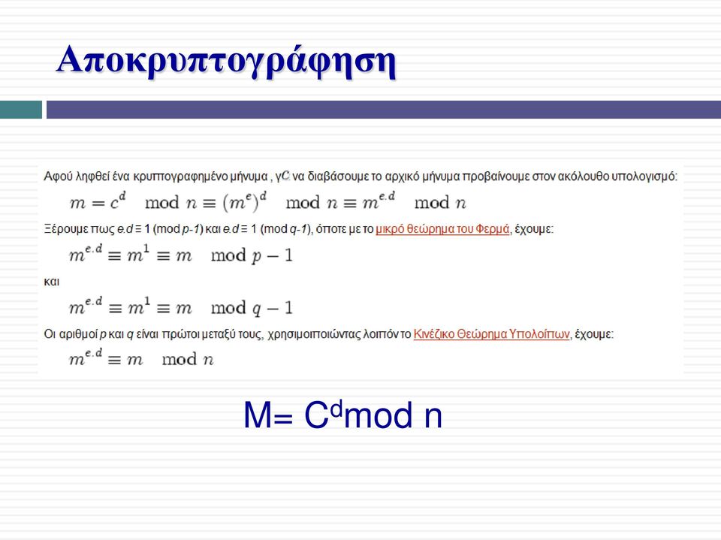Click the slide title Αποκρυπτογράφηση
[226, 61]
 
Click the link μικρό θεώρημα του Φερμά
[442, 229]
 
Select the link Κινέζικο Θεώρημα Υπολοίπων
[491, 334]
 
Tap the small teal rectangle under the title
[21, 110]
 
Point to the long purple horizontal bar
[384, 110]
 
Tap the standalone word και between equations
[52, 282]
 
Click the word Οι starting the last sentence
[50, 334]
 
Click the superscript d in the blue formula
[337, 409]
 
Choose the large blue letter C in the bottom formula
[317, 415]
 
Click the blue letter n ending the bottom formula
[433, 417]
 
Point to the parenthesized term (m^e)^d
[245, 202]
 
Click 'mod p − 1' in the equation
[252, 256]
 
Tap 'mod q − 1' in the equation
[252, 308]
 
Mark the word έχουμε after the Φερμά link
[533, 229]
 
